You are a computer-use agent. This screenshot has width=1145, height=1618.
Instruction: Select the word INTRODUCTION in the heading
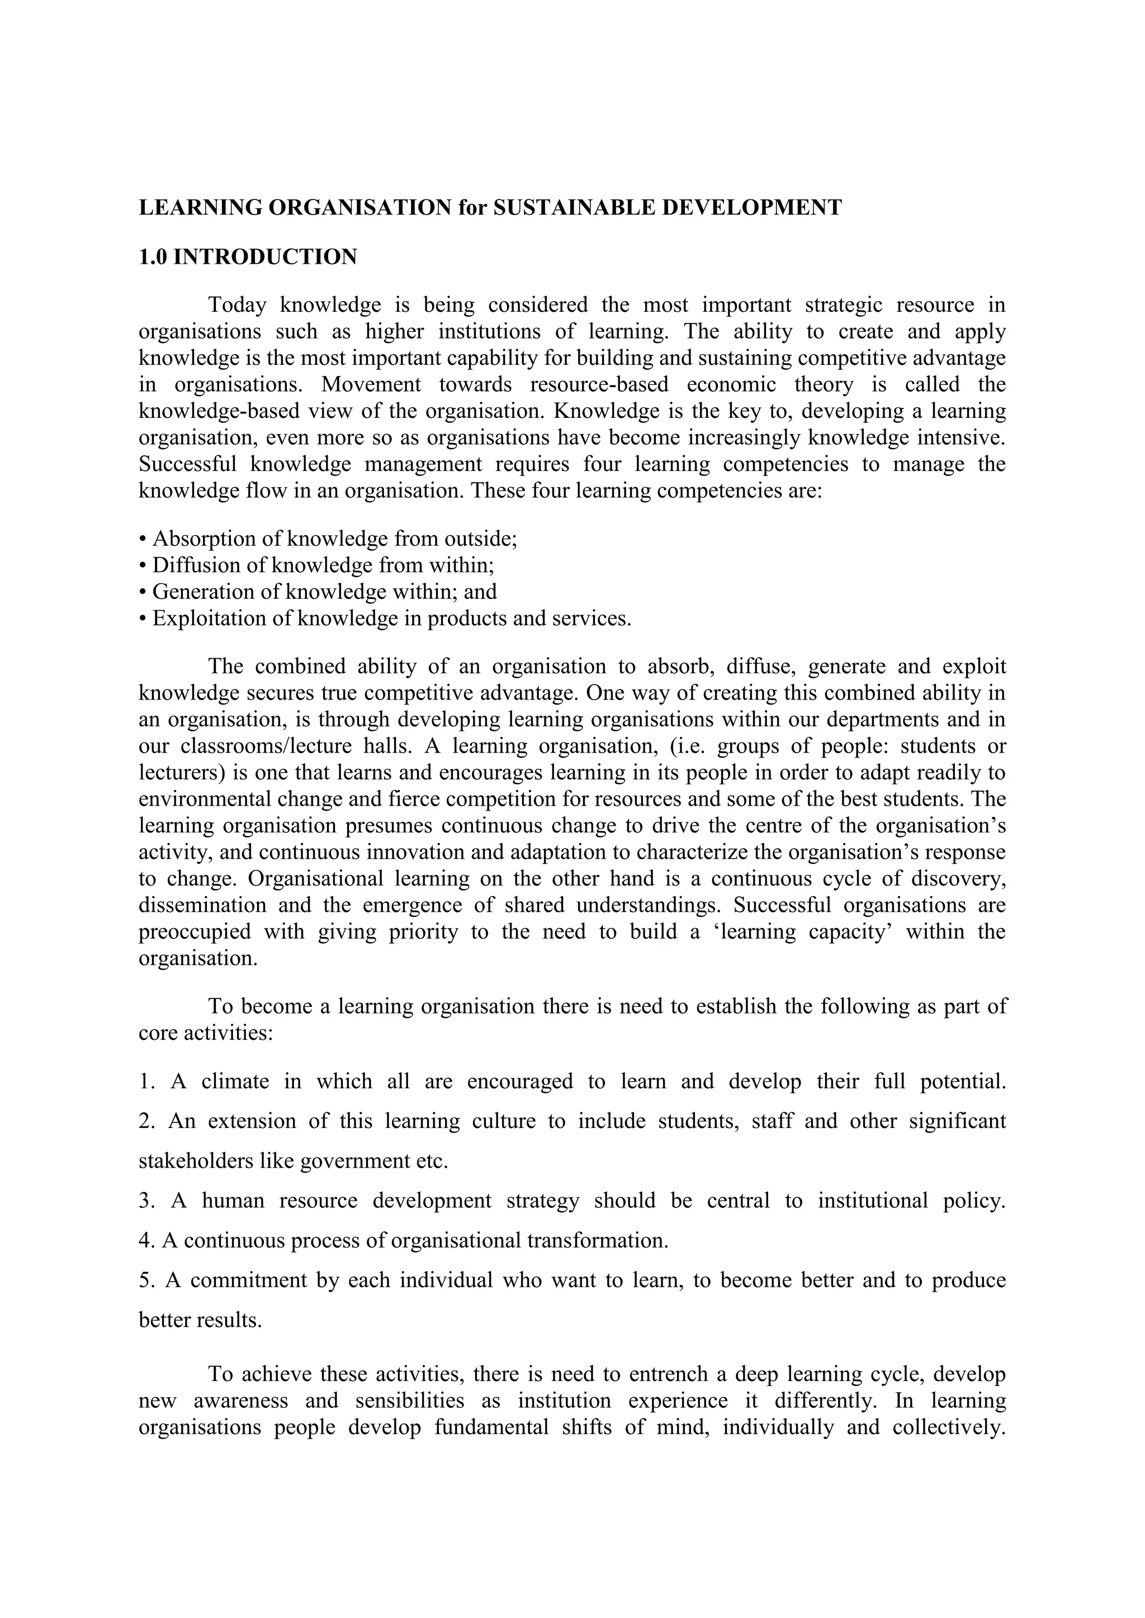265,256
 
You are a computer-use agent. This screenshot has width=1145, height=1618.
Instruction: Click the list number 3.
145,1201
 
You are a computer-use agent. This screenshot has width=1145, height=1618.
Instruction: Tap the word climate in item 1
235,1082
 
